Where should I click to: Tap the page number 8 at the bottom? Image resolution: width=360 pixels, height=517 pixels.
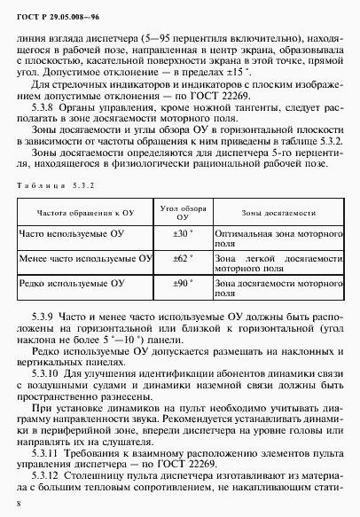click(x=20, y=504)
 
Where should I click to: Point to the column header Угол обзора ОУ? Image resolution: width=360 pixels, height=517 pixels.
click(x=182, y=213)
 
